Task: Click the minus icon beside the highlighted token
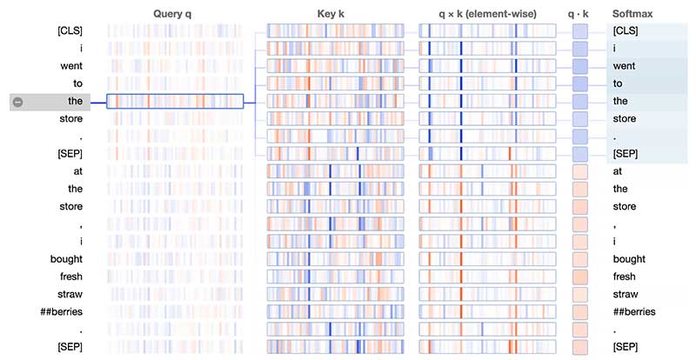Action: pos(18,102)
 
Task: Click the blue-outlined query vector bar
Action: pos(174,102)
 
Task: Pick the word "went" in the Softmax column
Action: pos(624,66)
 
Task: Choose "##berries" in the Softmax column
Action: pos(633,311)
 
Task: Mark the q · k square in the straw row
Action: pos(580,294)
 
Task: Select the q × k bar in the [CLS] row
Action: pos(487,31)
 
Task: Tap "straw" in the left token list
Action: pos(70,294)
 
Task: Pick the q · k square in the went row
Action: pos(580,66)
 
